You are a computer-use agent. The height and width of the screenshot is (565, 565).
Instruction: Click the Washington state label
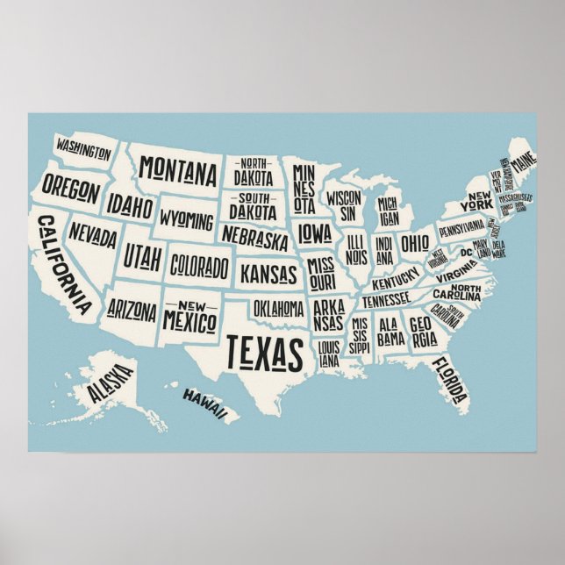pyautogui.click(x=82, y=150)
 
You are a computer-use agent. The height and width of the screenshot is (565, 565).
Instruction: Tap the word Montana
pyautogui.click(x=178, y=168)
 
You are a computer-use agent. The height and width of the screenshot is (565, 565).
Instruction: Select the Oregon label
pyautogui.click(x=69, y=187)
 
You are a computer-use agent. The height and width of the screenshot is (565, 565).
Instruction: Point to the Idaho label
pyautogui.click(x=131, y=206)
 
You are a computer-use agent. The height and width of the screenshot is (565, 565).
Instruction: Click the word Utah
pyautogui.click(x=142, y=256)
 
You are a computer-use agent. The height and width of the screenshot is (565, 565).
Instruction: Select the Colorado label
pyautogui.click(x=199, y=264)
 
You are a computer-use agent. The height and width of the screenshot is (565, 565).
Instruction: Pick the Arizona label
pyautogui.click(x=132, y=310)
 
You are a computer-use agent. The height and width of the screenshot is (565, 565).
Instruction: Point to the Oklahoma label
pyautogui.click(x=278, y=309)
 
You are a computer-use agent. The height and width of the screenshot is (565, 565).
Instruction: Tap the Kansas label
pyautogui.click(x=268, y=273)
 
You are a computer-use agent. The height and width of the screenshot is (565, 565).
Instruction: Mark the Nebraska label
pyautogui.click(x=254, y=236)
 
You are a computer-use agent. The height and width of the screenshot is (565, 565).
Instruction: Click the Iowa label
pyautogui.click(x=313, y=232)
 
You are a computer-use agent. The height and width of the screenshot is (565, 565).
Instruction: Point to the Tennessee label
pyautogui.click(x=386, y=300)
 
